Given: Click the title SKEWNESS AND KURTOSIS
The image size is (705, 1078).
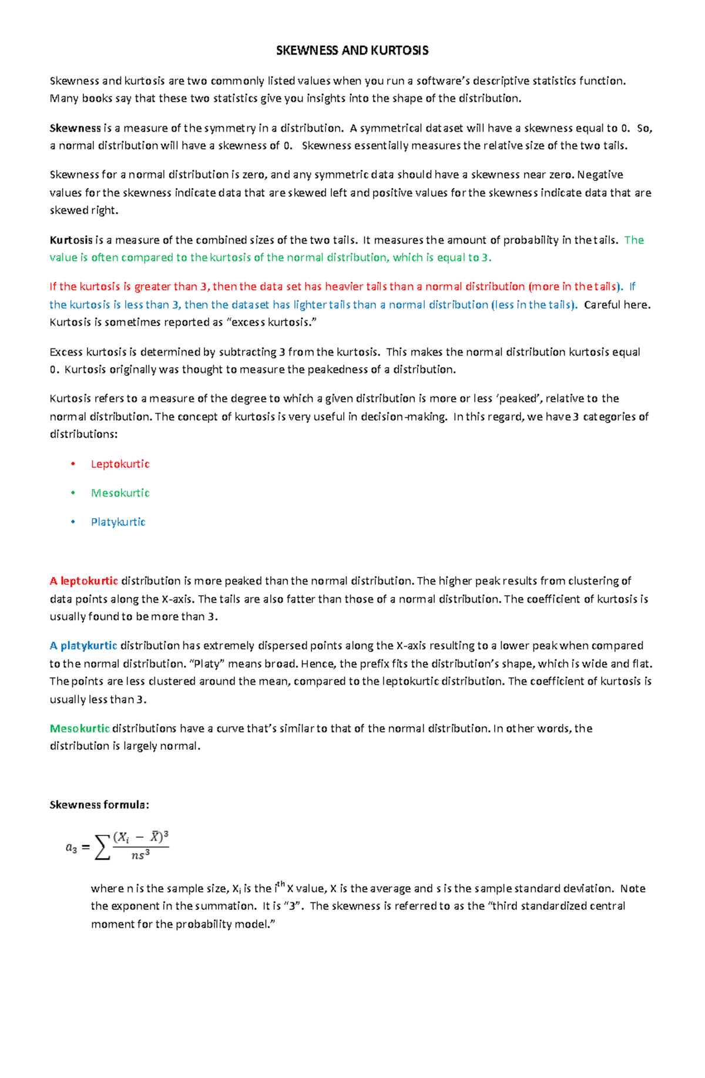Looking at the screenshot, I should [x=352, y=51].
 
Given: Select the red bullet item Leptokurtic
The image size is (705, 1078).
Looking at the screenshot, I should [x=120, y=464].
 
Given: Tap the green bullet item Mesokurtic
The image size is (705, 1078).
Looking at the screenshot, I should [x=120, y=493].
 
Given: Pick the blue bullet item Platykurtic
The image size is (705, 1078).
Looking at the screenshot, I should [x=118, y=522].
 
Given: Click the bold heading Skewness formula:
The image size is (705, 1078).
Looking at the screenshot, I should [x=99, y=805].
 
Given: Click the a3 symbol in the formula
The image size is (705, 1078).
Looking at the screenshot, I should [x=71, y=848].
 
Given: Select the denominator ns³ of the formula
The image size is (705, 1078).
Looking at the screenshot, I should [x=140, y=855].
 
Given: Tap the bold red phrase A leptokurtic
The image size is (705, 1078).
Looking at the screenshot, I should [x=84, y=581].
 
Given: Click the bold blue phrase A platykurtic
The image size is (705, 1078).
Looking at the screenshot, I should [x=83, y=646].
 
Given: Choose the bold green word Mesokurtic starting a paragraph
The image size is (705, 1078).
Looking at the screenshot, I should [x=80, y=728].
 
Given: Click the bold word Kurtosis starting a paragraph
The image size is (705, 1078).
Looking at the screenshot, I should [x=71, y=240].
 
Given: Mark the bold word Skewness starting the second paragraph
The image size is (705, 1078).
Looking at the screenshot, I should [x=75, y=128].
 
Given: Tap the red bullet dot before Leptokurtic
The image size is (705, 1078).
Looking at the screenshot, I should [x=73, y=464].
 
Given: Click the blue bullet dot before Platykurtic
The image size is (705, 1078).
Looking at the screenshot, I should [x=73, y=522].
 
